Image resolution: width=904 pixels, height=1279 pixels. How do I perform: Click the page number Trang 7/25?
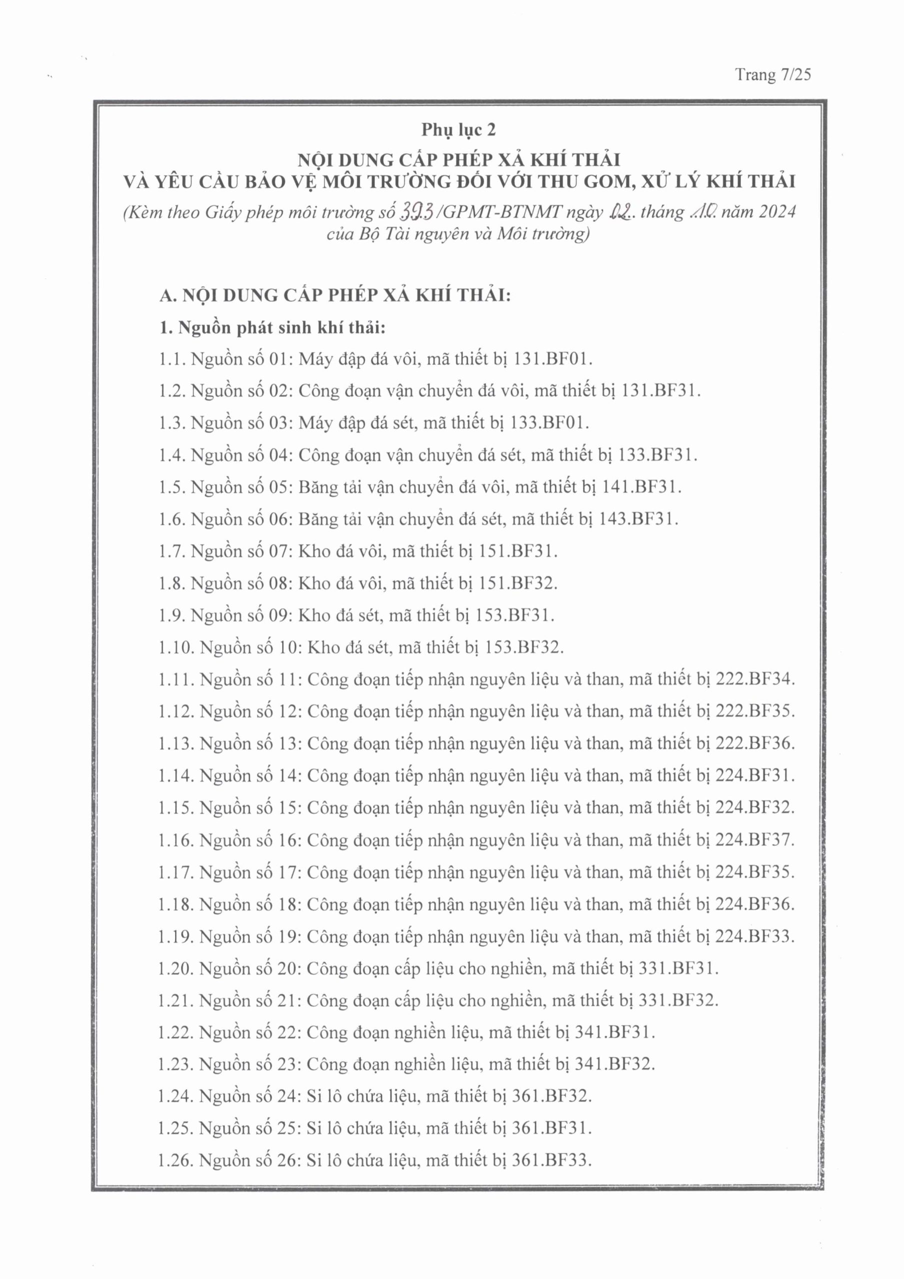772,74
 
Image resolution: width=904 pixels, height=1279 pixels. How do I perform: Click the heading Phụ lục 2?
458,130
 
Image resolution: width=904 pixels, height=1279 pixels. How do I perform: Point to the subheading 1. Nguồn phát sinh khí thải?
272,328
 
